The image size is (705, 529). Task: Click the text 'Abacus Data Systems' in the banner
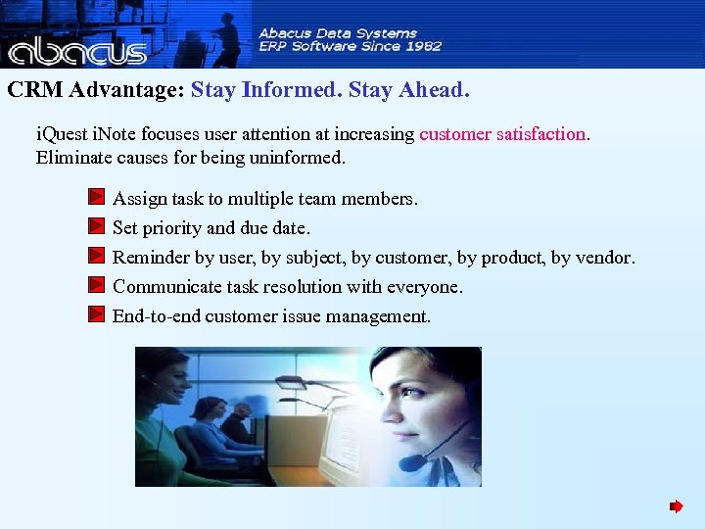click(338, 33)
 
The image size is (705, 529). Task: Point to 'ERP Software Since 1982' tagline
click(350, 46)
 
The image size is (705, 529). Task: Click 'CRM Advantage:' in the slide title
click(95, 90)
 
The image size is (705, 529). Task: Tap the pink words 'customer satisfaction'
click(502, 134)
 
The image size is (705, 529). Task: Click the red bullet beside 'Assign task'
click(95, 198)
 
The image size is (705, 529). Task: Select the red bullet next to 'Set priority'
click(95, 227)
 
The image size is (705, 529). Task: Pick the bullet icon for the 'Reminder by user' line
click(95, 257)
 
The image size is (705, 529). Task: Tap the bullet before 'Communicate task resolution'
click(95, 286)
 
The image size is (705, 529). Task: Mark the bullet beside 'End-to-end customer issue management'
click(95, 315)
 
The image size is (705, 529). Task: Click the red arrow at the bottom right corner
click(676, 506)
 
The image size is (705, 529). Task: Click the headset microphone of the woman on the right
click(412, 461)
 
